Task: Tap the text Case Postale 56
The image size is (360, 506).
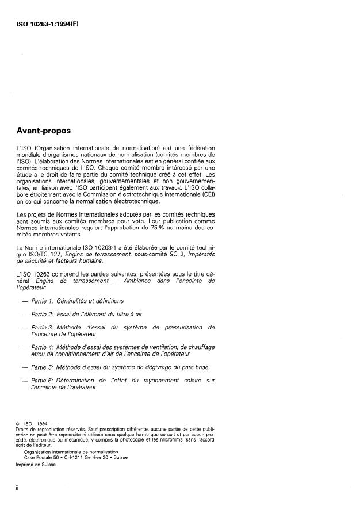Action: [41, 457]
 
